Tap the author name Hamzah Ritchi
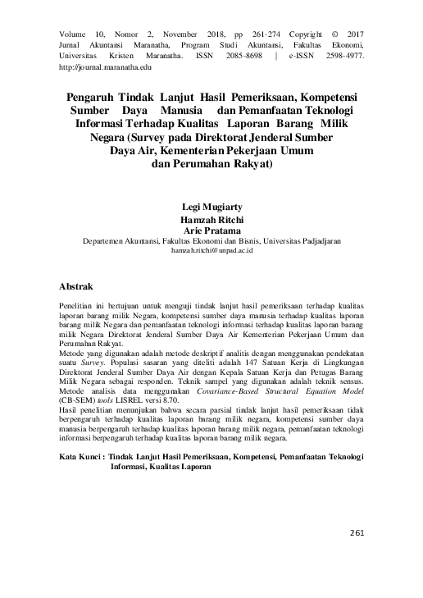pyautogui.click(x=211, y=221)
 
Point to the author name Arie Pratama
pyautogui.click(x=211, y=232)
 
